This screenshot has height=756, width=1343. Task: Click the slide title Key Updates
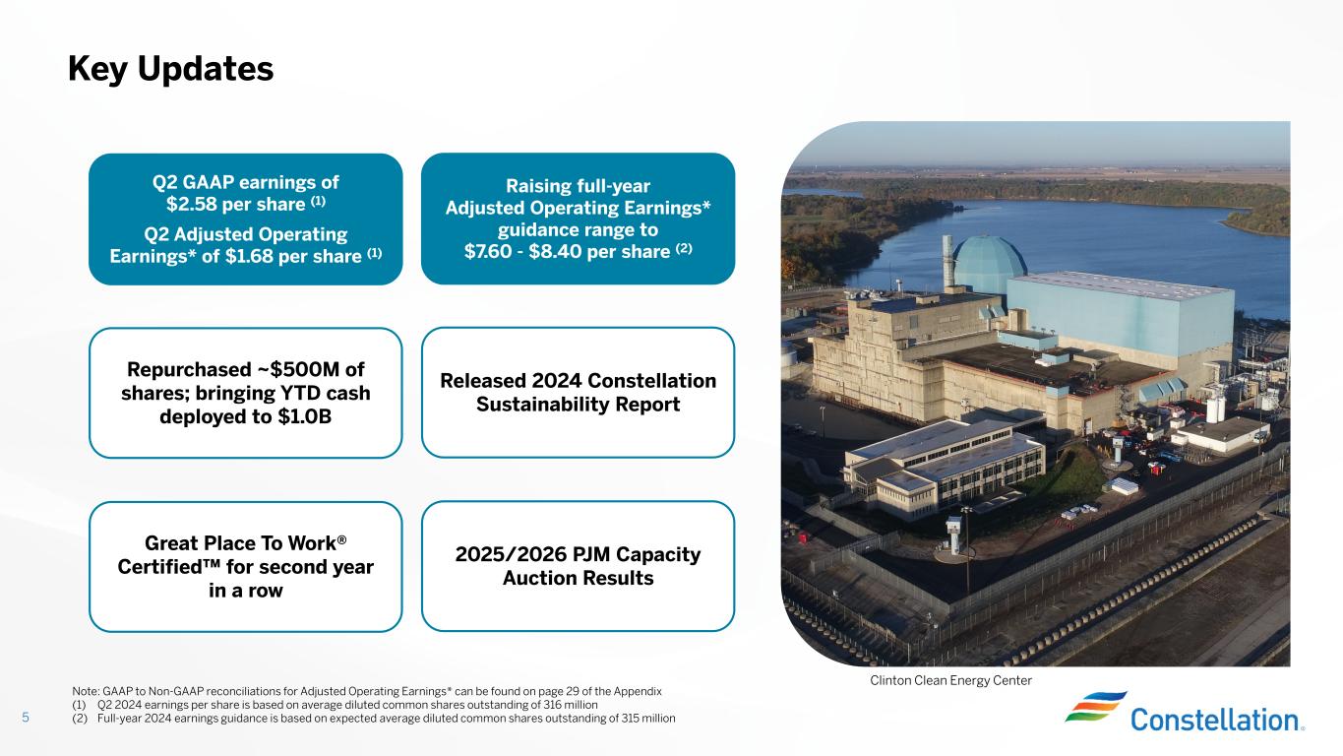coord(170,69)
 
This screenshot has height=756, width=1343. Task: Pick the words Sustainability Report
coord(578,405)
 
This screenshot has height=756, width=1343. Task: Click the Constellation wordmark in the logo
coord(1214,720)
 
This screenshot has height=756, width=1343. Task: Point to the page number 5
coord(26,718)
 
